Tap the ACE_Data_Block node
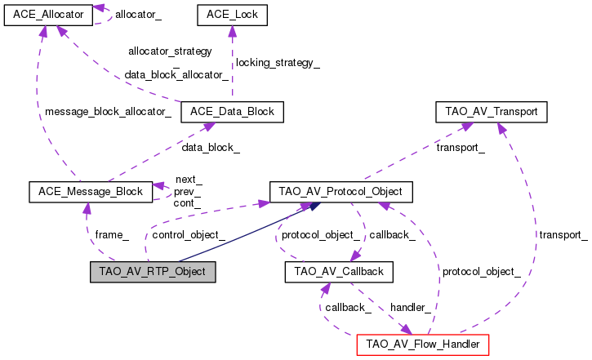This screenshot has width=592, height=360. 233,112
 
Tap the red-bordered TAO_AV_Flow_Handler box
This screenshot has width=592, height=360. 423,344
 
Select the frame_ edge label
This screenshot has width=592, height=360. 112,234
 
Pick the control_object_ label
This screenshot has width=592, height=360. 189,234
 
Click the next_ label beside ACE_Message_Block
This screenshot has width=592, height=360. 189,179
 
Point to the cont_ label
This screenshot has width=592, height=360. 188,202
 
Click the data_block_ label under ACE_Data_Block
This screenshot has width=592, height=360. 211,147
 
